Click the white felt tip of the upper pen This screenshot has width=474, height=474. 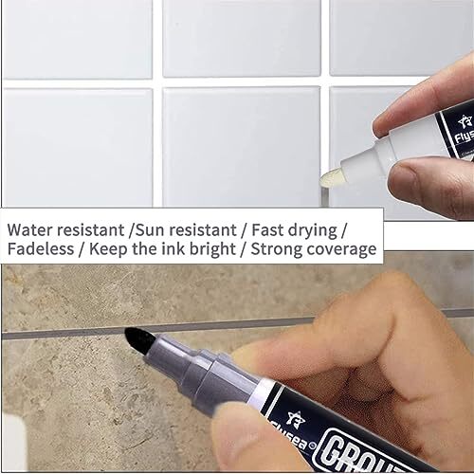[334, 177]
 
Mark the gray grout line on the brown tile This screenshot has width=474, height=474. [57, 335]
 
